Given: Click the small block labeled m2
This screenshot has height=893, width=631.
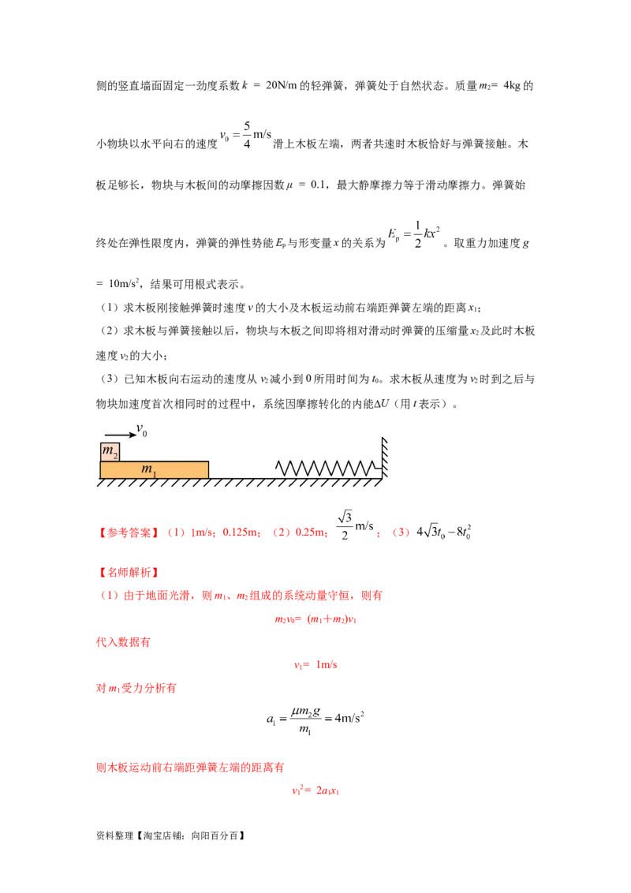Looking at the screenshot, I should point(110,452).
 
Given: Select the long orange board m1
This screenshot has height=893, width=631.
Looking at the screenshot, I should point(155,469).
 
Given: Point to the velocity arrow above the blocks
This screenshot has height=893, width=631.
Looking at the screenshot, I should point(119,434).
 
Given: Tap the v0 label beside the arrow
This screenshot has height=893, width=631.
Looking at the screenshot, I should point(142,430).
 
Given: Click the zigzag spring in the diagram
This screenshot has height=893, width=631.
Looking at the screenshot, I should point(324,467).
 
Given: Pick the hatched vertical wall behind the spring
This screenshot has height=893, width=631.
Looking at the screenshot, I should point(385,458).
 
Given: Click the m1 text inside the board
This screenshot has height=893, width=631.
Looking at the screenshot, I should point(148,470).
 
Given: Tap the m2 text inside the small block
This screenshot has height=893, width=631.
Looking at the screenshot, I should point(110,453).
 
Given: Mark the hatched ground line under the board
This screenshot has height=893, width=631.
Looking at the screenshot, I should point(237,482).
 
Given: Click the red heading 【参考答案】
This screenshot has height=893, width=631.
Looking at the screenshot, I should point(127,534).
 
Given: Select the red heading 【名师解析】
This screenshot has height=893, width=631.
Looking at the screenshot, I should point(127,572).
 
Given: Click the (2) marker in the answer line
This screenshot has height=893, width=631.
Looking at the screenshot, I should point(281,534).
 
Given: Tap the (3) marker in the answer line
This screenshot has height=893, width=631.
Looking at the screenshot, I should point(401,534).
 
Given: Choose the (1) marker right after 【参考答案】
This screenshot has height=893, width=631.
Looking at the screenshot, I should point(176,534).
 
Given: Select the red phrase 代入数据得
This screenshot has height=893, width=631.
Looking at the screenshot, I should point(122,643).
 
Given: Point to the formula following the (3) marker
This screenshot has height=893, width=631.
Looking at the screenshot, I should point(446,534).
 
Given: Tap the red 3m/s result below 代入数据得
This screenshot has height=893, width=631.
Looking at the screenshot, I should point(316,666).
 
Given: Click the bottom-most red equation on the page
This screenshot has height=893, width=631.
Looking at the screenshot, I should point(315,790).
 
